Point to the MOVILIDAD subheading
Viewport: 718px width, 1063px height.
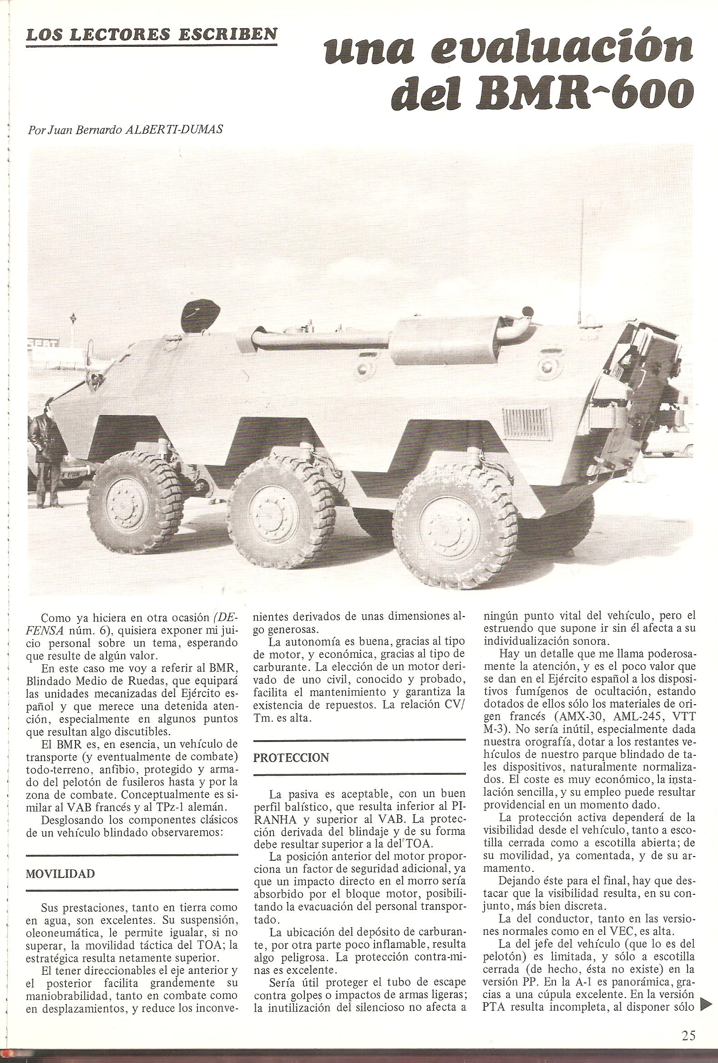[61, 887]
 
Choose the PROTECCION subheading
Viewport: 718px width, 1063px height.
[291, 757]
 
